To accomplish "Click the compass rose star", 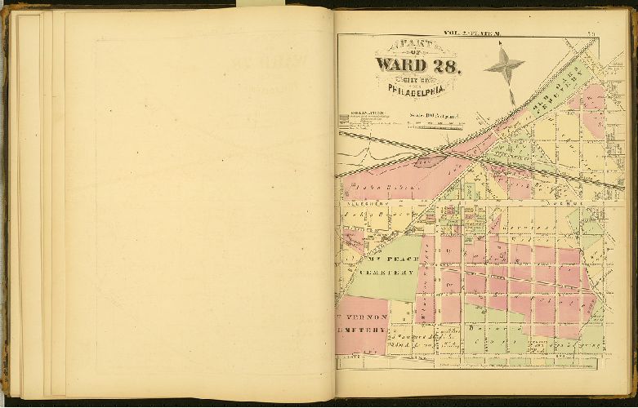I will point(504,64).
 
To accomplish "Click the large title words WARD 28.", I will point(417,65).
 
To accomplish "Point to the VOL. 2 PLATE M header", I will point(477,33).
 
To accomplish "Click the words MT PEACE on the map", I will point(391,259).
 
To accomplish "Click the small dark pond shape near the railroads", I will point(426,162).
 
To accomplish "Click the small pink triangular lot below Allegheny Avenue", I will point(494,224).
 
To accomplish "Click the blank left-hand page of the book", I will point(188,204).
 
